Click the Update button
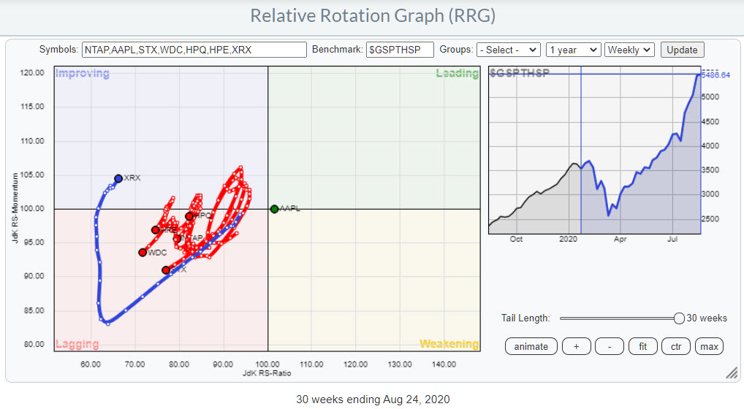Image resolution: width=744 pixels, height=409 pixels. (682, 50)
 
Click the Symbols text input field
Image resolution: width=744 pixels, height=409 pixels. (194, 50)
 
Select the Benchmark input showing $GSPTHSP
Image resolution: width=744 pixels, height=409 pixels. (400, 50)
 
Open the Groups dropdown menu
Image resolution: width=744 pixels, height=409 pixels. (508, 50)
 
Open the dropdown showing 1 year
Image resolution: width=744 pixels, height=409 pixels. (573, 50)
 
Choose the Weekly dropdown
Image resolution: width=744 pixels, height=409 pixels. (629, 50)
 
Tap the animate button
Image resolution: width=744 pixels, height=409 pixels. (531, 346)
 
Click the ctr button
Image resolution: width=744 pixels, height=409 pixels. (675, 346)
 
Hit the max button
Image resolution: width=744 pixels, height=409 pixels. (709, 346)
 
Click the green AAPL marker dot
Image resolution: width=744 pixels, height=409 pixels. (274, 209)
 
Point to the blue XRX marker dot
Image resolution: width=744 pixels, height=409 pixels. (118, 178)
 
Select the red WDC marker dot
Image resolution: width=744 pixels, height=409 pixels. (143, 253)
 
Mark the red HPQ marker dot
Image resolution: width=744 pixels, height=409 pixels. (189, 216)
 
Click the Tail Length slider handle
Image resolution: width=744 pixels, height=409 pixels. (679, 318)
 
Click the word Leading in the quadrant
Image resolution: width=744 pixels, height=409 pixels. (457, 74)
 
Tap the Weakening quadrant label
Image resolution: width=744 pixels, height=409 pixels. (449, 344)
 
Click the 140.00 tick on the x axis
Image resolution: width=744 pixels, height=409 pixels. (444, 364)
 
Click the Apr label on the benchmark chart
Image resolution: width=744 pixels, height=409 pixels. (620, 239)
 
